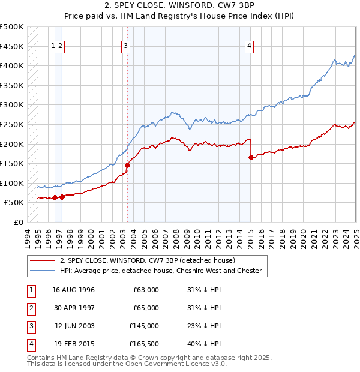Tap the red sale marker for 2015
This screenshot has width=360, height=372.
pos(251,158)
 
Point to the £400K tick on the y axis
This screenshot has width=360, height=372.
pos(13,65)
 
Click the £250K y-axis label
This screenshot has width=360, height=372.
pos(13,124)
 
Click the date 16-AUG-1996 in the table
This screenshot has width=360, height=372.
pos(73,290)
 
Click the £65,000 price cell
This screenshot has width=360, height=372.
pos(145,308)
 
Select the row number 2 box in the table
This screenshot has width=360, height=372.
pos(29,308)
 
